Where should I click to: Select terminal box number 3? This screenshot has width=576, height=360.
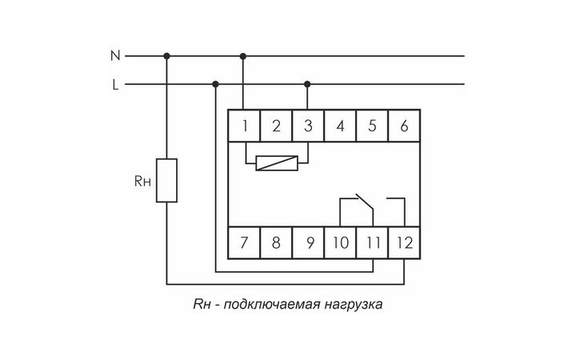coord(308,126)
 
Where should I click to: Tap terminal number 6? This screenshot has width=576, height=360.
coord(404,126)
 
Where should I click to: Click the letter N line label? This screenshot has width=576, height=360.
coord(115,56)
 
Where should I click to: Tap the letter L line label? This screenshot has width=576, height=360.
coord(115,84)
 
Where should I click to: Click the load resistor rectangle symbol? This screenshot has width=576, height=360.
coord(167,180)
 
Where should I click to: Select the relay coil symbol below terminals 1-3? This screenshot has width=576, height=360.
coord(275,163)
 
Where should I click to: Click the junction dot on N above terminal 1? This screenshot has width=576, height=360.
coord(242,56)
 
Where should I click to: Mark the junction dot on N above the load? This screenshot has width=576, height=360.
coord(167,56)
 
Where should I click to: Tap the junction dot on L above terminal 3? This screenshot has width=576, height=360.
coord(308,84)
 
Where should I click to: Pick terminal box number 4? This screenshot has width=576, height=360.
coord(340,126)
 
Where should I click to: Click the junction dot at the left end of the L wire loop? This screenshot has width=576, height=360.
coord(214,84)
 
